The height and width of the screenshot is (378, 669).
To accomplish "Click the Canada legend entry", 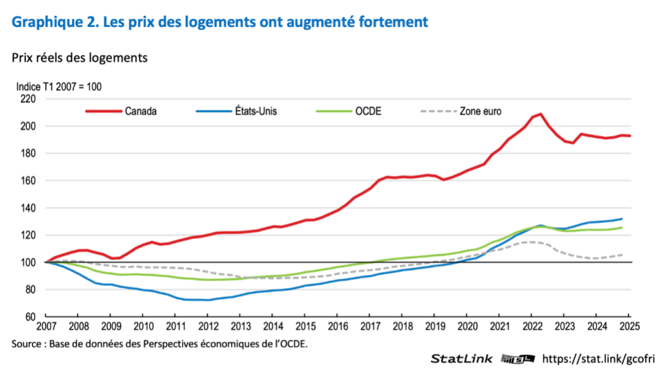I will coord(141,111).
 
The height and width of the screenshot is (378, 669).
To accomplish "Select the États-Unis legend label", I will coord(255,111).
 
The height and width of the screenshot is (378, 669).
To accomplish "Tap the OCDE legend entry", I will coord(369,111).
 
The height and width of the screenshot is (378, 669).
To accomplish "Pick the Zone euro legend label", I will coord(480,111).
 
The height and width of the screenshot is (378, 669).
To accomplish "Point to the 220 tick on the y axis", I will coord(27,99).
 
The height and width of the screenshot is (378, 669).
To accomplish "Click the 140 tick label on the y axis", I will coord(27,208).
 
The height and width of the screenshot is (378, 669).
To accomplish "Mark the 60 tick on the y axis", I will coord(30,317).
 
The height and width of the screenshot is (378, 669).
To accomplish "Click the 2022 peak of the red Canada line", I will coord(541,114).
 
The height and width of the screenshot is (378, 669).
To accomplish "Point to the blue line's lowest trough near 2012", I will coord(208,300).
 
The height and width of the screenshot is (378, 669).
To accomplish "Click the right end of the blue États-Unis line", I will coord(621,219).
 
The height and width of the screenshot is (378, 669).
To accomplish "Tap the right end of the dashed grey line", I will coord(621,254).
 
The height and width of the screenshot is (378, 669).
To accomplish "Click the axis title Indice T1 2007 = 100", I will coord(60,86).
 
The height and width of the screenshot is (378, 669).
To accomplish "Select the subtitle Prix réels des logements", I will coord(79,58).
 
